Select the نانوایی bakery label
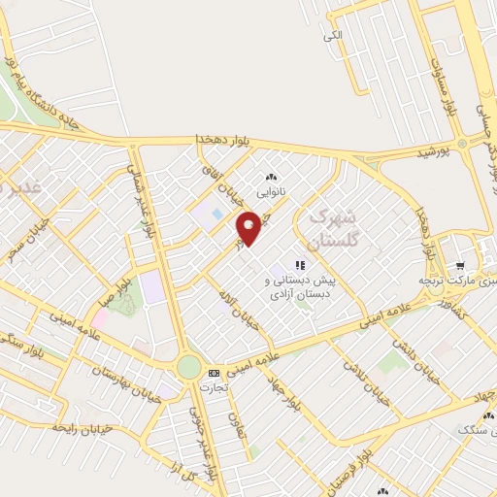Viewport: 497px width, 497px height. tap(271, 191)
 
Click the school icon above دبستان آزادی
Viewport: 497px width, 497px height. tap(301, 264)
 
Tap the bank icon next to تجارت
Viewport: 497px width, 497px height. tap(214, 372)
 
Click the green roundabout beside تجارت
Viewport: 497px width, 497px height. tap(189, 368)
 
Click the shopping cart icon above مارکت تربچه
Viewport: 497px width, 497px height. tap(458, 263)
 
